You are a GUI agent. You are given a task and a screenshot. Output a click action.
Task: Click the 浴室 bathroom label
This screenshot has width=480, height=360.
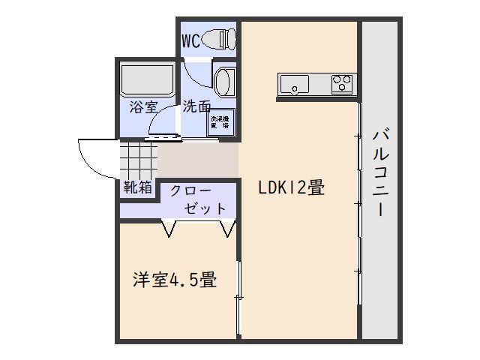[142, 107]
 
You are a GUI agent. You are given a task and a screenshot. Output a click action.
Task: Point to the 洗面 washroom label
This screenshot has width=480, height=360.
[197, 106]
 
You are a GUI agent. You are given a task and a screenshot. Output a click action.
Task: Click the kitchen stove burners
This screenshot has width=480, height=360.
[342, 82]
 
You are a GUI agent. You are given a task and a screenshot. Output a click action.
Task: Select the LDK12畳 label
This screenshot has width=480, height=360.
[291, 188]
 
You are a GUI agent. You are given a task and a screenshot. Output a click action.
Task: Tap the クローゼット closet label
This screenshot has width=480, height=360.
[196, 199]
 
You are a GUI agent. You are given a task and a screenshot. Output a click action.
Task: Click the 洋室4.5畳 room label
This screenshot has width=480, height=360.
[175, 281]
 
